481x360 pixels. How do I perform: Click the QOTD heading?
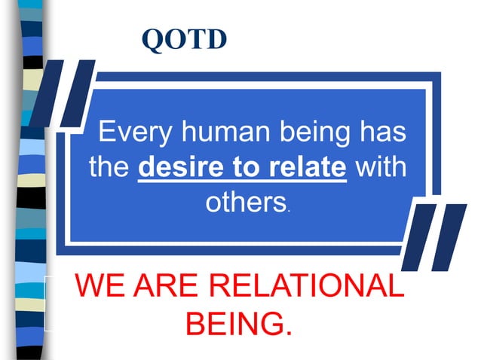tap(184, 39)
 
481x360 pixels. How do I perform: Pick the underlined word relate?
tap(307, 167)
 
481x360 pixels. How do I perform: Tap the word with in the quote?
tap(381, 167)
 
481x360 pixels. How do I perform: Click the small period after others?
tap(290, 209)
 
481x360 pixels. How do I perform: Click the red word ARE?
tap(163, 288)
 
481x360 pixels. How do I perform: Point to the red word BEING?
tap(237, 326)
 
